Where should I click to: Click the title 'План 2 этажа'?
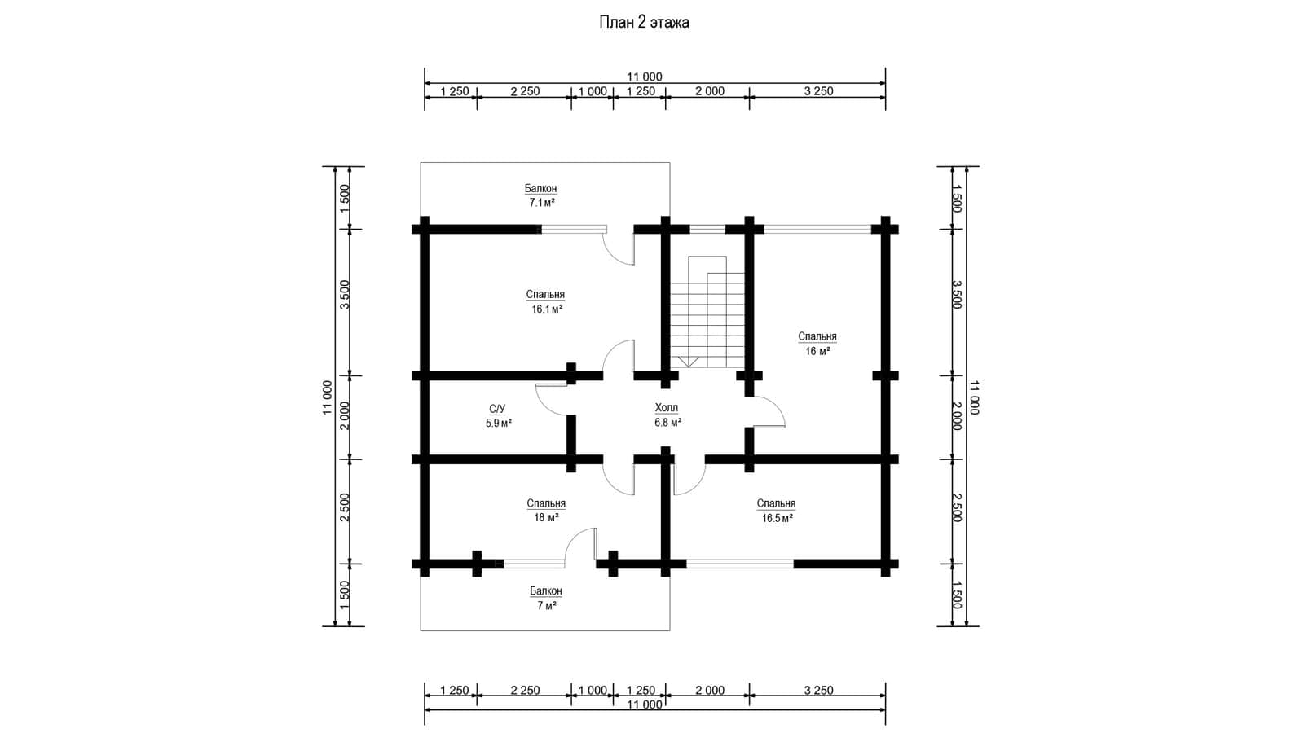click(x=644, y=22)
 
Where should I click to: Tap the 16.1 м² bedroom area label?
click(x=547, y=309)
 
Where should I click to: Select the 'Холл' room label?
click(x=667, y=407)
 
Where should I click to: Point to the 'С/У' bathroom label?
click(x=497, y=409)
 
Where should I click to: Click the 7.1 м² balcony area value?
click(x=541, y=203)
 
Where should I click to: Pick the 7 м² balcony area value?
click(x=547, y=606)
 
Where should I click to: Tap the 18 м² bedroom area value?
click(x=546, y=517)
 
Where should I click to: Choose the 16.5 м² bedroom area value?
click(x=778, y=518)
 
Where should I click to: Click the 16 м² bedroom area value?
click(x=817, y=351)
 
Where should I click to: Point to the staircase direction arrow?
click(x=688, y=362)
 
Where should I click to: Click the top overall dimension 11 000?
click(x=644, y=77)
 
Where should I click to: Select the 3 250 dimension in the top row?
click(x=818, y=91)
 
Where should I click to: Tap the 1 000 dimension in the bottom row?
click(x=592, y=690)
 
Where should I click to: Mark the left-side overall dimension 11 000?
click(x=327, y=397)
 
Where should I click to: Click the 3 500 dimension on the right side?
click(x=957, y=294)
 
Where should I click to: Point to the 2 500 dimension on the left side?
click(x=345, y=507)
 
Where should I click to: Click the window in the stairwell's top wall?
click(x=707, y=229)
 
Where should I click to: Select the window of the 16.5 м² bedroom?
click(x=740, y=564)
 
